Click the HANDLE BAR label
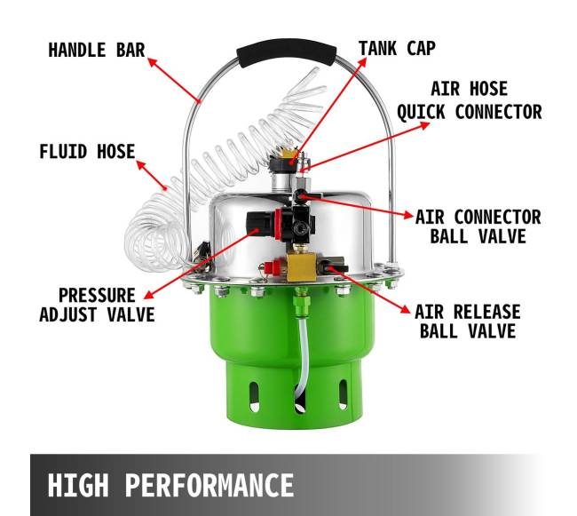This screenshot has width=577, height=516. [97, 50]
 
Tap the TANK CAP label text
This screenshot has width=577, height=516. [397, 49]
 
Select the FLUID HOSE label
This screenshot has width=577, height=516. [87, 152]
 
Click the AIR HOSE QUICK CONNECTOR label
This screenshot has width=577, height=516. [470, 100]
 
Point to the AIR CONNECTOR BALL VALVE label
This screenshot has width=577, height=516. [478, 226]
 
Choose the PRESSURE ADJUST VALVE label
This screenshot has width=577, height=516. [97, 306]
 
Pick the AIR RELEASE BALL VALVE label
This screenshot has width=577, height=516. [468, 322]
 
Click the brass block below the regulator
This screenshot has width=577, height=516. [301, 266]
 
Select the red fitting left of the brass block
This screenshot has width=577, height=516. [274, 266]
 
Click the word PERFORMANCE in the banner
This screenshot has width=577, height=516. [209, 485]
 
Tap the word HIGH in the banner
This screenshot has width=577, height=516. [78, 485]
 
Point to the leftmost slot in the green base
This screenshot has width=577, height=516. [254, 397]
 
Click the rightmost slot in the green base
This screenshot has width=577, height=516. [343, 394]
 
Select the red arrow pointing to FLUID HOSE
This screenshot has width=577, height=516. [152, 175]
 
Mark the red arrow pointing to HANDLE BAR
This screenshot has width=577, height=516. [174, 80]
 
